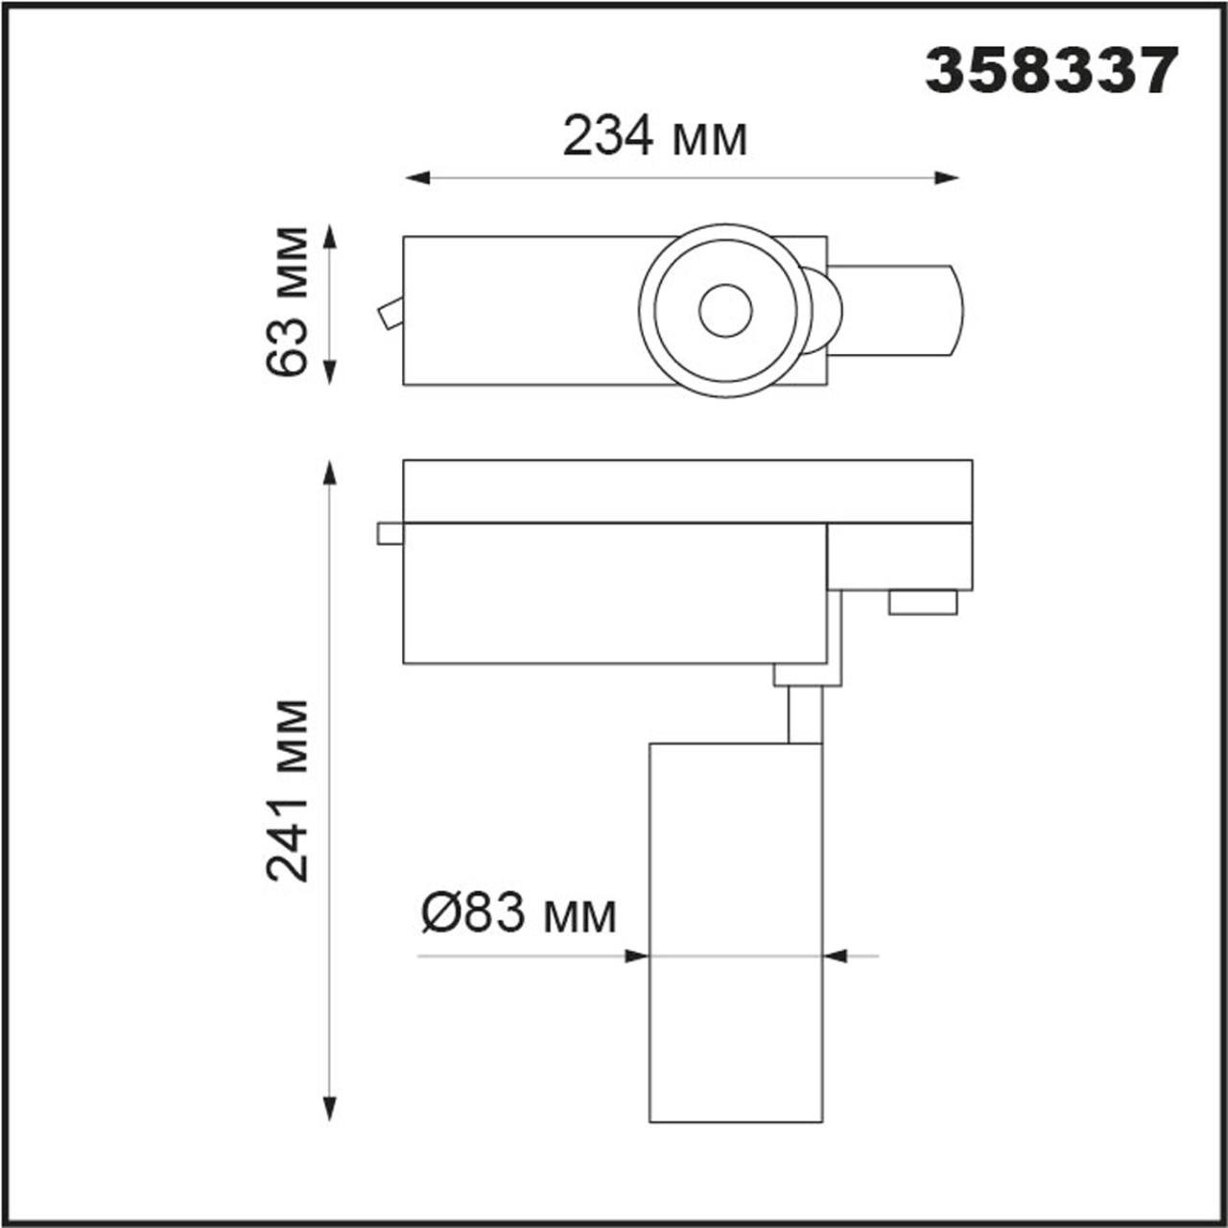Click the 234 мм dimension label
click(x=654, y=137)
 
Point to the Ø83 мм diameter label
click(x=518, y=915)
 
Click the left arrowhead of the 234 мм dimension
click(x=416, y=177)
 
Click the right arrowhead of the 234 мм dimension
click(x=946, y=177)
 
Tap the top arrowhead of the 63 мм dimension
click(x=329, y=236)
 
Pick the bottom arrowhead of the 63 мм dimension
click(x=329, y=372)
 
